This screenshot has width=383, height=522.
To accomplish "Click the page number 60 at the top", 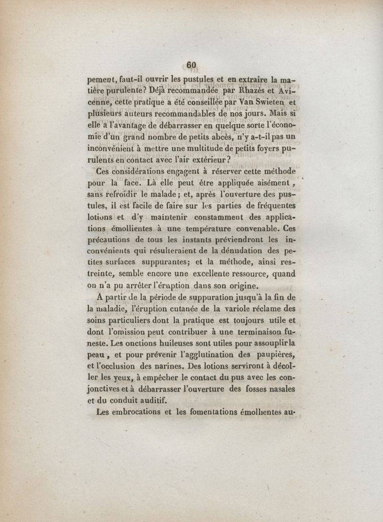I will point(191,65).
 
